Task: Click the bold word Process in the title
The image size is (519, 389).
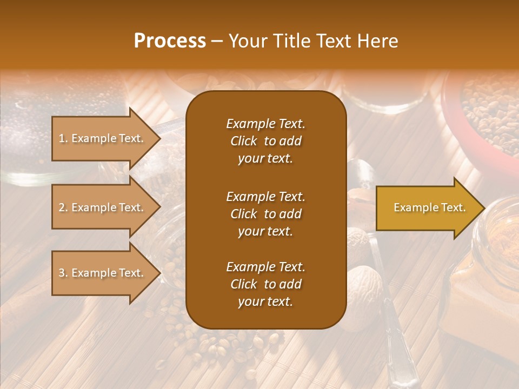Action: (170, 41)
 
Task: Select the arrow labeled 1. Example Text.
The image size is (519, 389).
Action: (103, 138)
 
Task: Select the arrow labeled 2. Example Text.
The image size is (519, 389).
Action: (103, 207)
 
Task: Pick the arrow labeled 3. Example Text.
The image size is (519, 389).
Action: (103, 273)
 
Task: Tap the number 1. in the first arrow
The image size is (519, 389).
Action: (63, 138)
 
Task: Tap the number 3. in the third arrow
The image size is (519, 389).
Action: (63, 273)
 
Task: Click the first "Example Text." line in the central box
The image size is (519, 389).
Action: (265, 124)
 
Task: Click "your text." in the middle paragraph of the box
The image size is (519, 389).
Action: (265, 231)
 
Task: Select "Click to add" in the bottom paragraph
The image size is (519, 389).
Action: (265, 284)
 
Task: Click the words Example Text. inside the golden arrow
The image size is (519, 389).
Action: (429, 207)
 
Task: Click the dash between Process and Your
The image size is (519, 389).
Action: (217, 42)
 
